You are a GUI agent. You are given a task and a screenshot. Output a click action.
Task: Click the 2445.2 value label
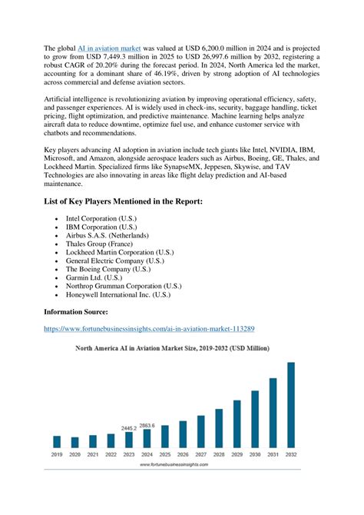pyautogui.click(x=129, y=427)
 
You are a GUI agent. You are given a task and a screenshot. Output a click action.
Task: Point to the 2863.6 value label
pyautogui.click(x=147, y=425)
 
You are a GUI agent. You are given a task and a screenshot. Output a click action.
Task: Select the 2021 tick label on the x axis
pyautogui.click(x=93, y=455)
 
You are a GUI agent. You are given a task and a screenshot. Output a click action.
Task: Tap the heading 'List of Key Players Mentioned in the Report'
pyautogui.click(x=123, y=201)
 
